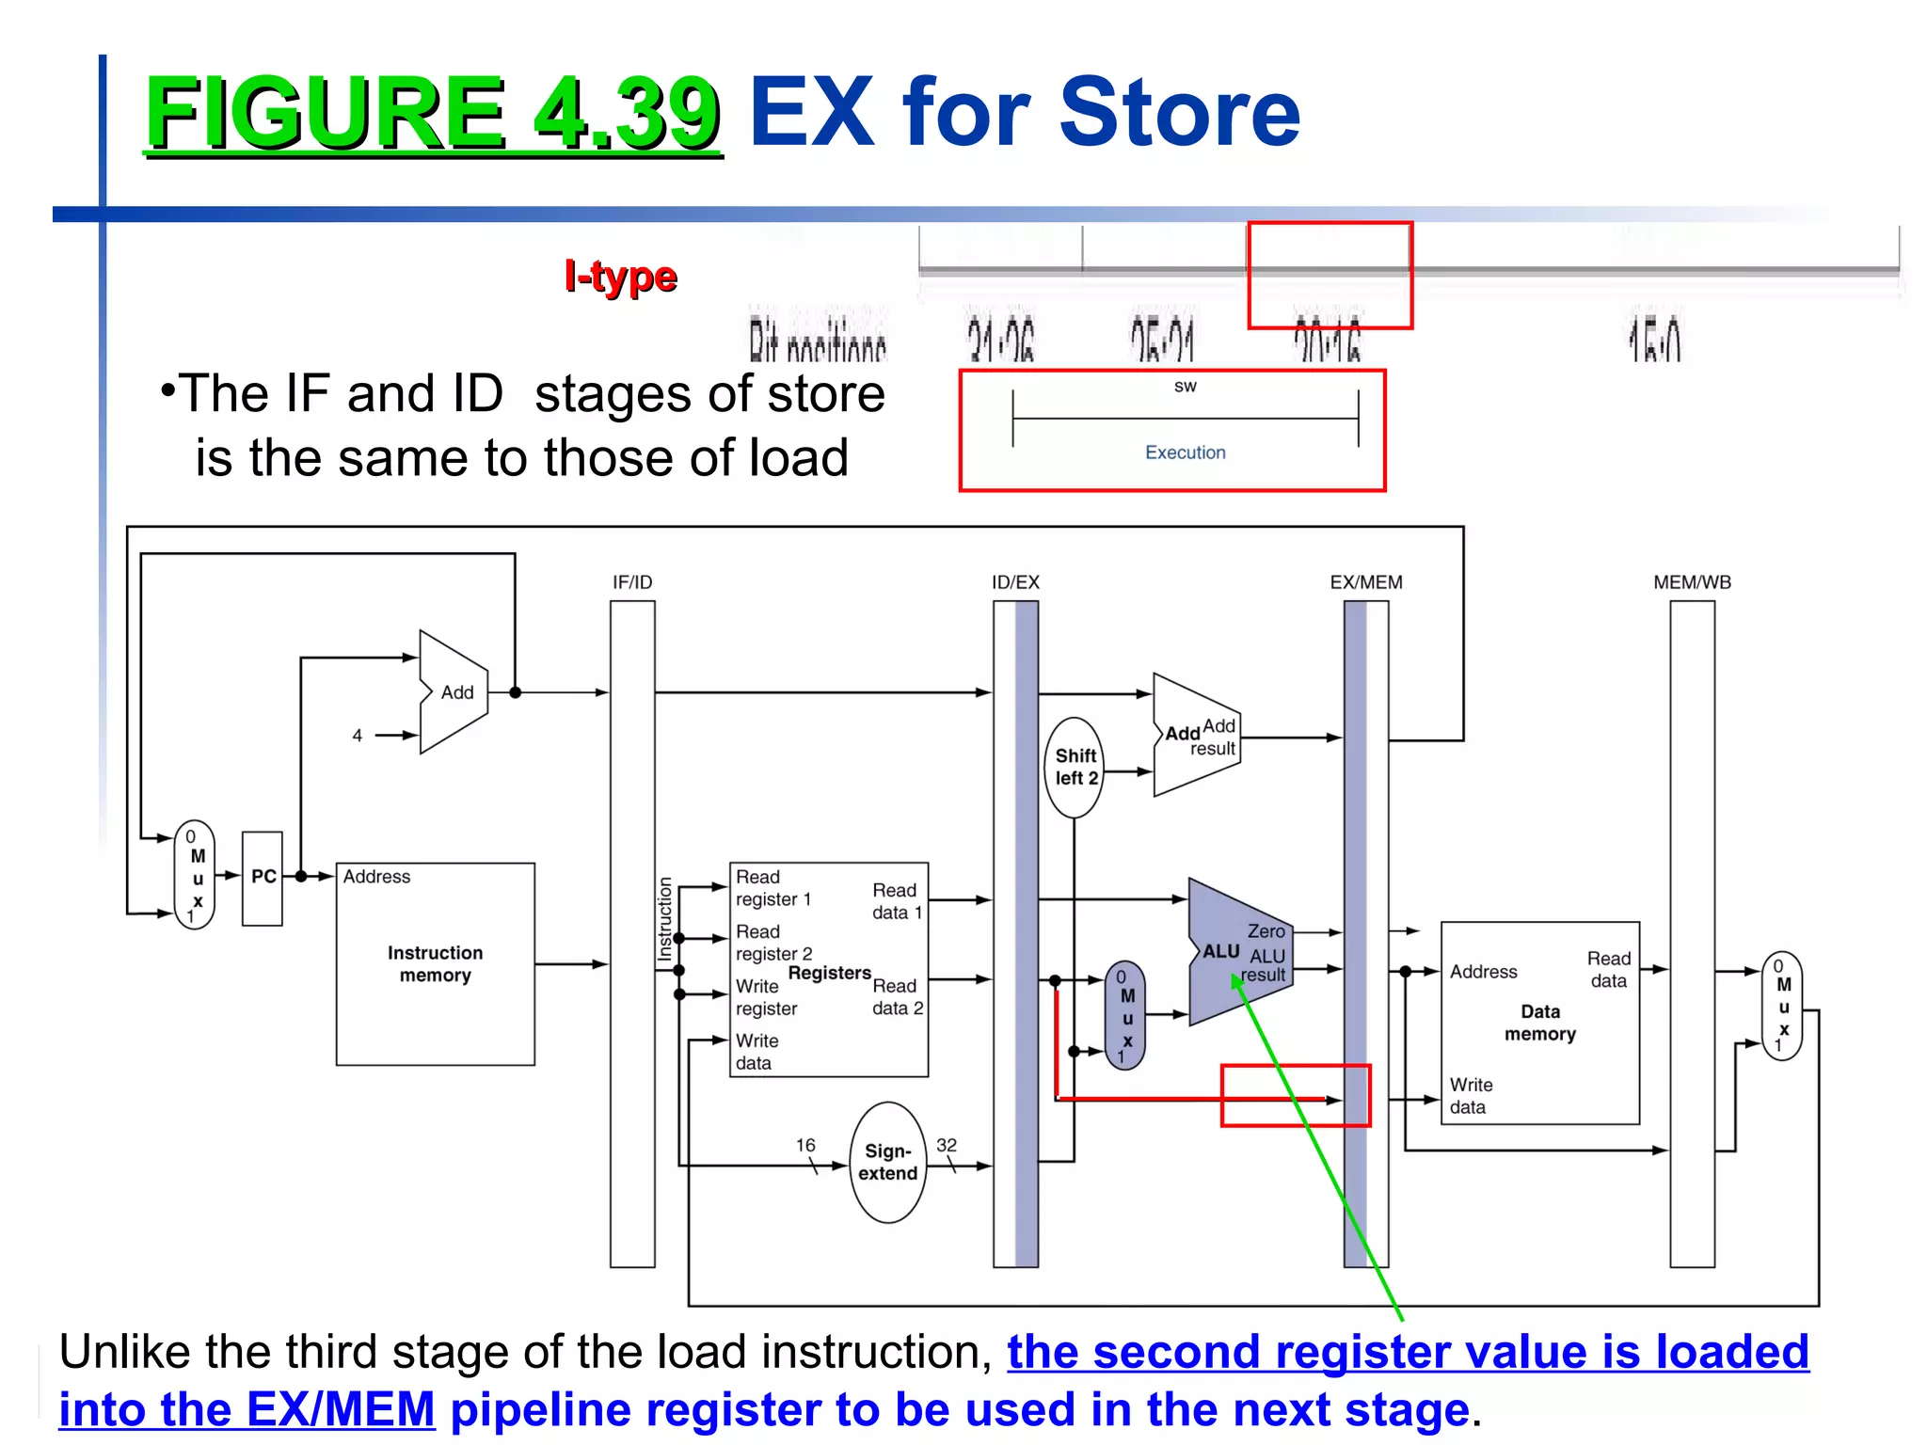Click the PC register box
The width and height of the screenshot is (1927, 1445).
pos(263,878)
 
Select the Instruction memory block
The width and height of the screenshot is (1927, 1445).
pos(435,964)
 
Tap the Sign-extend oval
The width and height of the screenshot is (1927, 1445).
pos(887,1162)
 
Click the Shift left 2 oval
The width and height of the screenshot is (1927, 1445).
pos(1075,767)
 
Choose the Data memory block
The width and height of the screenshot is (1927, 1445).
pos(1539,1023)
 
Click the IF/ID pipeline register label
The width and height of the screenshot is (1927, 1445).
pos(632,582)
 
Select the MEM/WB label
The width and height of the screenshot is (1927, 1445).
pos(1692,582)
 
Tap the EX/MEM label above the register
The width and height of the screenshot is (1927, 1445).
pos(1365,582)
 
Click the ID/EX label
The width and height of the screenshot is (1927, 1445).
pos(1015,582)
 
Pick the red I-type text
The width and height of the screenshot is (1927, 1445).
pos(620,277)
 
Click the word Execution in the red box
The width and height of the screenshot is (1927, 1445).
pos(1185,453)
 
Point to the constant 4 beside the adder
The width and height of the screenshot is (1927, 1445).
pos(358,736)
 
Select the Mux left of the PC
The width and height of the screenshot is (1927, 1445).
pos(195,875)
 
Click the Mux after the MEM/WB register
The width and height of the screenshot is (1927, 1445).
pos(1781,1006)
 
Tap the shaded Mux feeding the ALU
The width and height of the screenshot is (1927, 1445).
pos(1125,1016)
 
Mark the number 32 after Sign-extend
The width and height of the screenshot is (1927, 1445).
pos(947,1145)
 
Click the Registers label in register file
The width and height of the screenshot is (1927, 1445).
pos(829,973)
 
